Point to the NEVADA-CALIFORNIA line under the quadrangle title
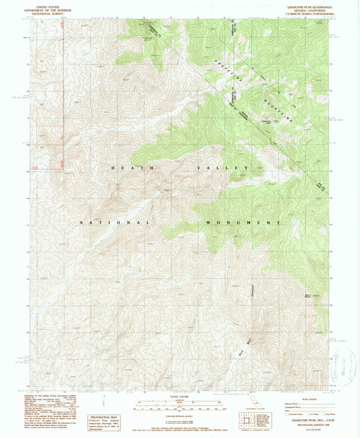[312, 8]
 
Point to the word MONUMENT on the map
[240, 222]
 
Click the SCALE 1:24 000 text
[179, 395]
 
